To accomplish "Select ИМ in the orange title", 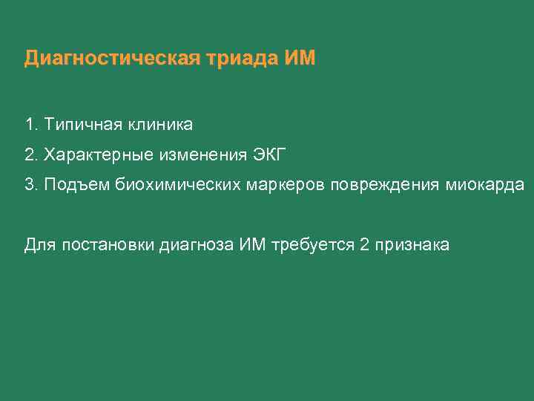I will click(300, 58).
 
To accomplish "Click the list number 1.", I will click(29, 123).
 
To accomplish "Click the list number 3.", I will click(29, 185).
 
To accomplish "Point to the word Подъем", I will click(76, 186).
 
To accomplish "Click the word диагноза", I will click(197, 245).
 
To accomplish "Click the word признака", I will click(412, 245).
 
